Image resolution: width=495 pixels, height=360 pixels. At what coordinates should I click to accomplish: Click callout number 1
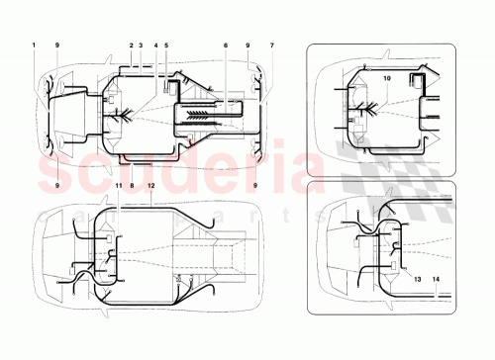tap(33, 45)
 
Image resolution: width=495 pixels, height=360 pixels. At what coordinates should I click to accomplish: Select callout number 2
tap(131, 45)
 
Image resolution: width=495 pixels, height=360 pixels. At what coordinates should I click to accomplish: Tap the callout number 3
tap(142, 45)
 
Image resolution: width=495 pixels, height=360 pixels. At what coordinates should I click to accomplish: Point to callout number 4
tap(154, 45)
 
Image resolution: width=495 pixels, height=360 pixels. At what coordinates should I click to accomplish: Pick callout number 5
tap(166, 45)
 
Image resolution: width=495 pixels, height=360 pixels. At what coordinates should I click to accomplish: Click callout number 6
tap(226, 45)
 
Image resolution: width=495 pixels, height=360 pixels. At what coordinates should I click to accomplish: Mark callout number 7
tap(272, 45)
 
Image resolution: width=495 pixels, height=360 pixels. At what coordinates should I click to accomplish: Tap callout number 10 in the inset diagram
tap(387, 76)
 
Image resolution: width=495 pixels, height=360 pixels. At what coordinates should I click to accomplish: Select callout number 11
tap(118, 186)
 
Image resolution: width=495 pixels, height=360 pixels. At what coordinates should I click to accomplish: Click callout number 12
tap(150, 186)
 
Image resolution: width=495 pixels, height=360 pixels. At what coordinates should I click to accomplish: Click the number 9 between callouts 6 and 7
tap(247, 45)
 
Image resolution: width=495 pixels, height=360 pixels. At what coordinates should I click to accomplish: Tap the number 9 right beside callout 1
tap(57, 45)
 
